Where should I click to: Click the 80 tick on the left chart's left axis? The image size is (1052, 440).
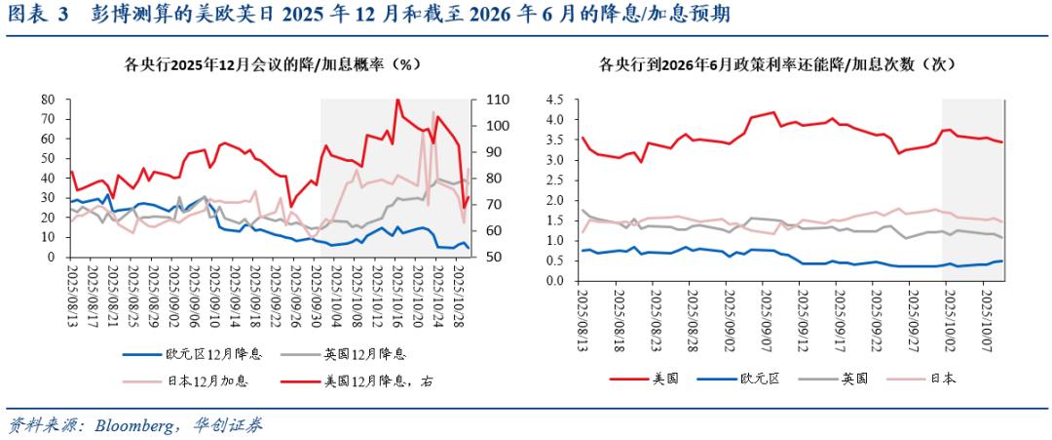pyautogui.click(x=47, y=100)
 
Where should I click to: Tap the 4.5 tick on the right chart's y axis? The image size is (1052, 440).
pyautogui.click(x=557, y=100)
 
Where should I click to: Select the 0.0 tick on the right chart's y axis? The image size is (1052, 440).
pyautogui.click(x=557, y=281)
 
